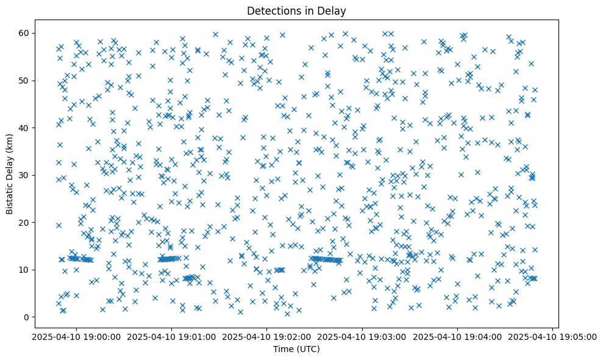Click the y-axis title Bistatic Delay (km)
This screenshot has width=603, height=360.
tap(10, 175)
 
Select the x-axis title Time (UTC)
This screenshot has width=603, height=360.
tap(296, 349)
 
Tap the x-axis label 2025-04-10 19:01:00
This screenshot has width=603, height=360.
tap(171, 337)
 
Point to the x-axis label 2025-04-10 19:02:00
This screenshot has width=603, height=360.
tap(266, 337)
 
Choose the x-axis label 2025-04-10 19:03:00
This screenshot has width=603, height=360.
tap(362, 337)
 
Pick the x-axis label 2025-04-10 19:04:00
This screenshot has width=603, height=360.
tap(458, 337)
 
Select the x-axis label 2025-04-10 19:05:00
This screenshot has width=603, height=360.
tap(553, 337)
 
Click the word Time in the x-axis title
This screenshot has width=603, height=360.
tap(282, 349)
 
